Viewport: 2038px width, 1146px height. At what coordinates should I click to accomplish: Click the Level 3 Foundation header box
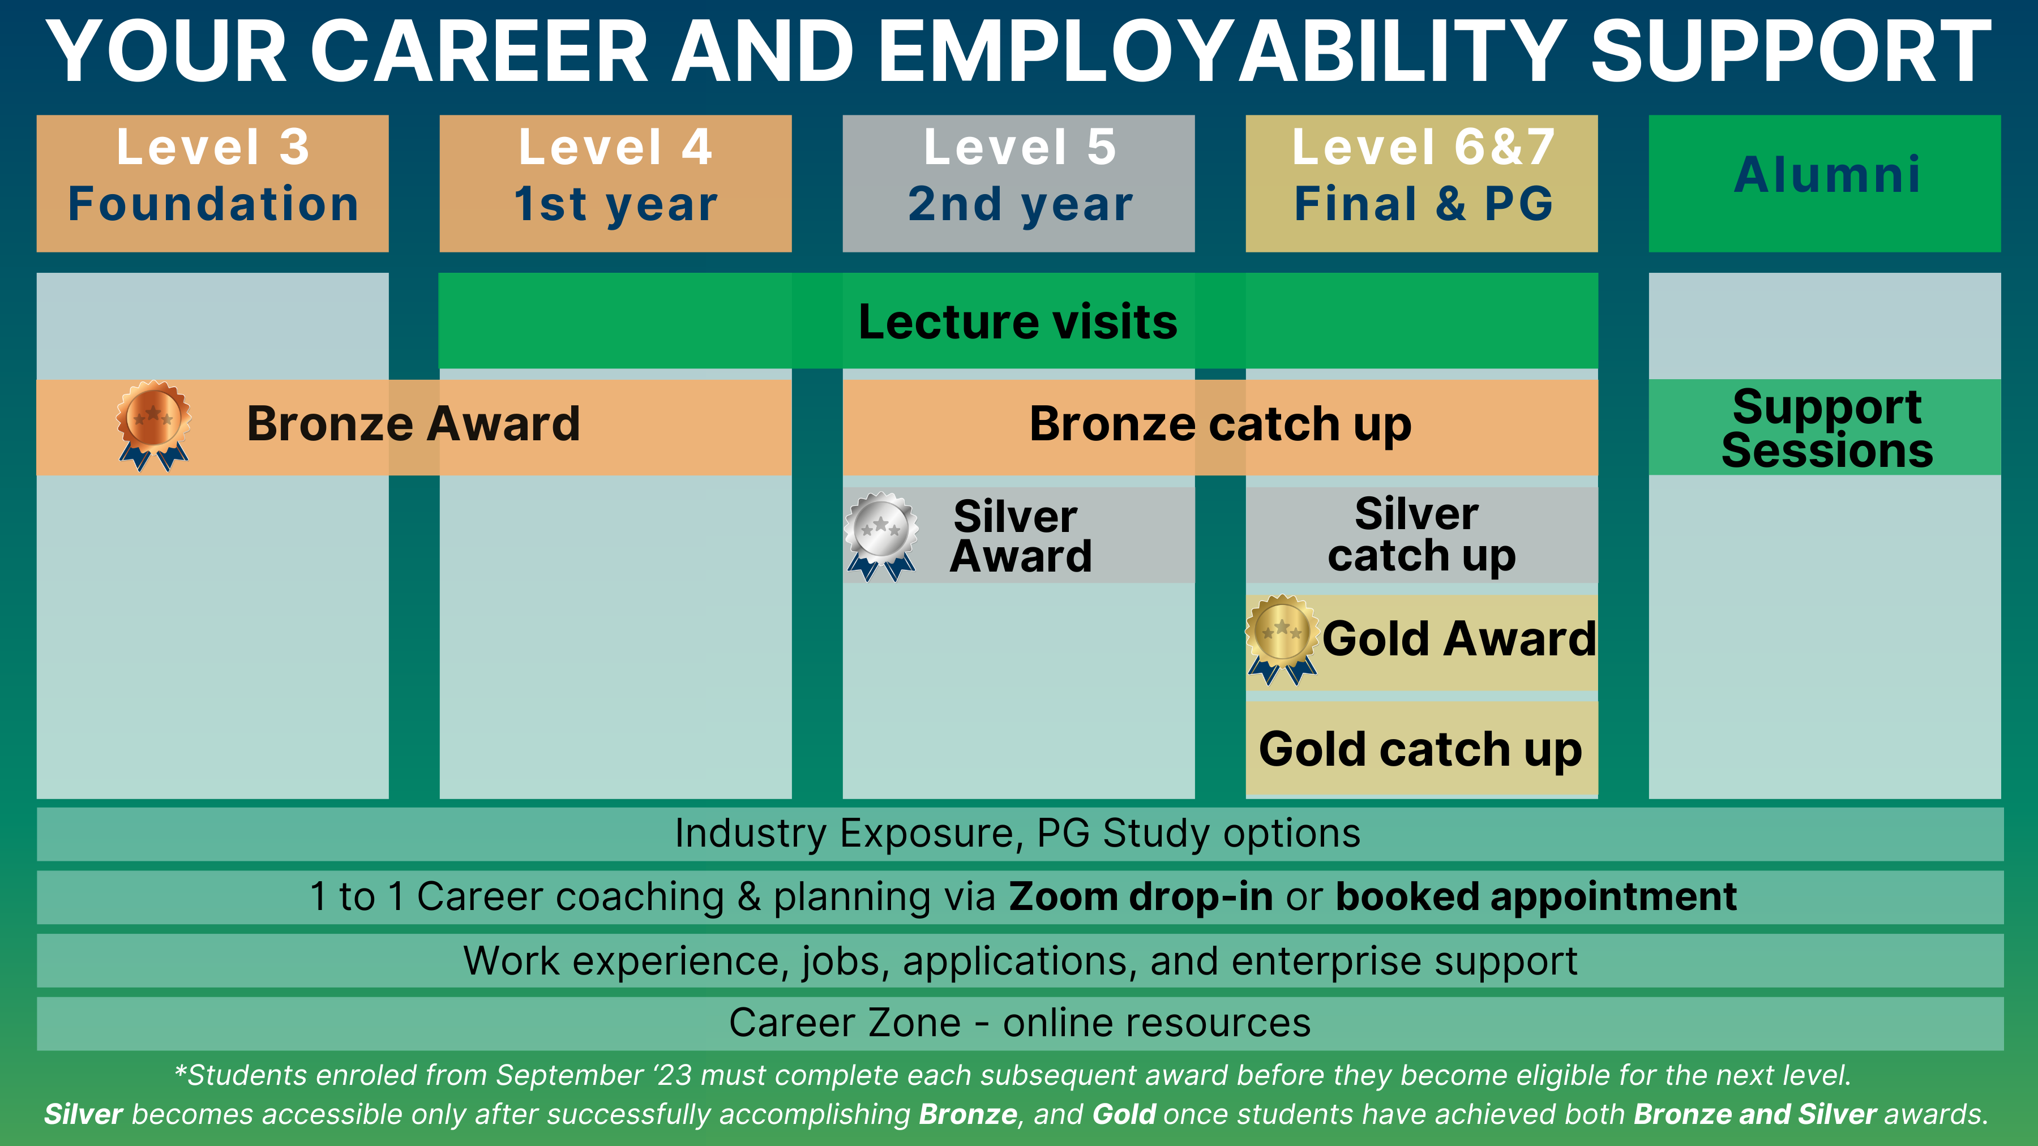[213, 183]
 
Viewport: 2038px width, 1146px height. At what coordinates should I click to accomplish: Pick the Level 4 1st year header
[615, 183]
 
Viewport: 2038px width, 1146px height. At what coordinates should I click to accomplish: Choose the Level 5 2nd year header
[1019, 183]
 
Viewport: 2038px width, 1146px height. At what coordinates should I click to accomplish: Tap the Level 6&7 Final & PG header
[1422, 183]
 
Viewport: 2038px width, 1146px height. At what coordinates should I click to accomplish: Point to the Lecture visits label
[1018, 322]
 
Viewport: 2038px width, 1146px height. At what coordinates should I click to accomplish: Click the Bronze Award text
[413, 423]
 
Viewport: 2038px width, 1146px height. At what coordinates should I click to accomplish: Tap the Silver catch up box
[1422, 535]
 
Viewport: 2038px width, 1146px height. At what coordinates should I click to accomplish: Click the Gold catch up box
[1422, 748]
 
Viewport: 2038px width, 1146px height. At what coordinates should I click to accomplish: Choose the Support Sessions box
[1825, 427]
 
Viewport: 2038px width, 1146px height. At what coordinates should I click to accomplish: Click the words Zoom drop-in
[1140, 897]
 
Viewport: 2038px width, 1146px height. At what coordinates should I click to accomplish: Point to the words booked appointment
[1536, 898]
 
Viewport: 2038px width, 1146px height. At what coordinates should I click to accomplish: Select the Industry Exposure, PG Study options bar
[1020, 834]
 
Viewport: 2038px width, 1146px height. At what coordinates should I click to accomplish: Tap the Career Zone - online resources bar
[1020, 1023]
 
